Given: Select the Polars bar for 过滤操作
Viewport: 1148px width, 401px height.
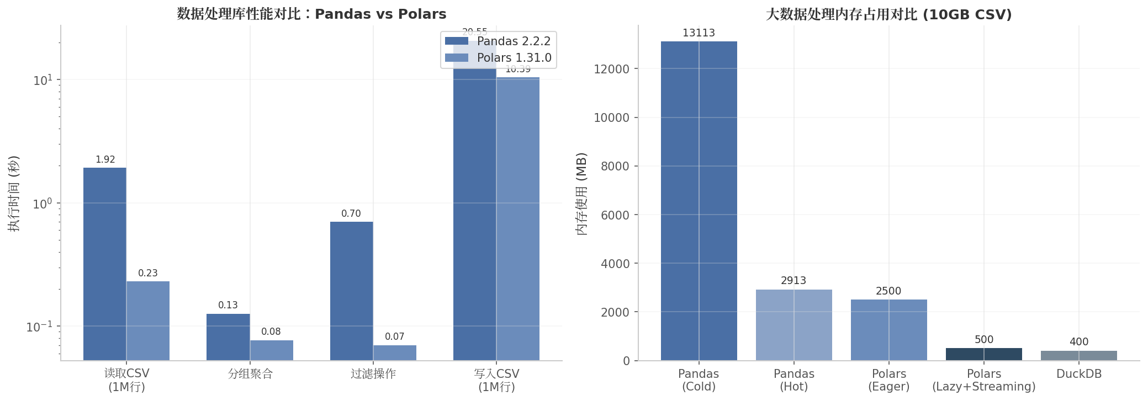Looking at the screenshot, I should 394,353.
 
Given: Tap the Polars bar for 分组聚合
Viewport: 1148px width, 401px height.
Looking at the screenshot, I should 271,350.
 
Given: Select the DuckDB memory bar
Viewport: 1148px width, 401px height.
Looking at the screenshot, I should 1078,356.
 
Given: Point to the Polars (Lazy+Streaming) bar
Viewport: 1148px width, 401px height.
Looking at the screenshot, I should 983,354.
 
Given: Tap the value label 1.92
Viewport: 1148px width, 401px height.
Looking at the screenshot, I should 105,160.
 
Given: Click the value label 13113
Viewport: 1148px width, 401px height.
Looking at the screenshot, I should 699,33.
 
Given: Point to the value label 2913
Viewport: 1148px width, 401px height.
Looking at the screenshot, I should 793,281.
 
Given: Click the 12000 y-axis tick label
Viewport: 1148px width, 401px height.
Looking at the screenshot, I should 611,69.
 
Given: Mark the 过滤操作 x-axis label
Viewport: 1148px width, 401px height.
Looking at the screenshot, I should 373,374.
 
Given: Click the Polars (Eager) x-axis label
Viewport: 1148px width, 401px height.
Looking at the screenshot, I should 888,380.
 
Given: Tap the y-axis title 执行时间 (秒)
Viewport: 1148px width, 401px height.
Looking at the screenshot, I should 14,193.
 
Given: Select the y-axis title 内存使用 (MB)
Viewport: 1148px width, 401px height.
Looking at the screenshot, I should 581,194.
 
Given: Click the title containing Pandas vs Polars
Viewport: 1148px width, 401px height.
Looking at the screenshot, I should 311,14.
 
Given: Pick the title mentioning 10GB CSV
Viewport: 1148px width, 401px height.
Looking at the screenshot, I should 888,14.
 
